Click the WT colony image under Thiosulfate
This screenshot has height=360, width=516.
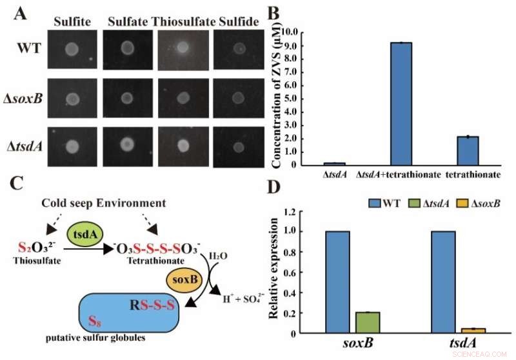(183, 48)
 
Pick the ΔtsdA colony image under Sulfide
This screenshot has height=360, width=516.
(239, 145)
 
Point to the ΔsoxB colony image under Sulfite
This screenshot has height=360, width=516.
(73, 99)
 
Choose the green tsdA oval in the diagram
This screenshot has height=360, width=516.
(83, 235)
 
